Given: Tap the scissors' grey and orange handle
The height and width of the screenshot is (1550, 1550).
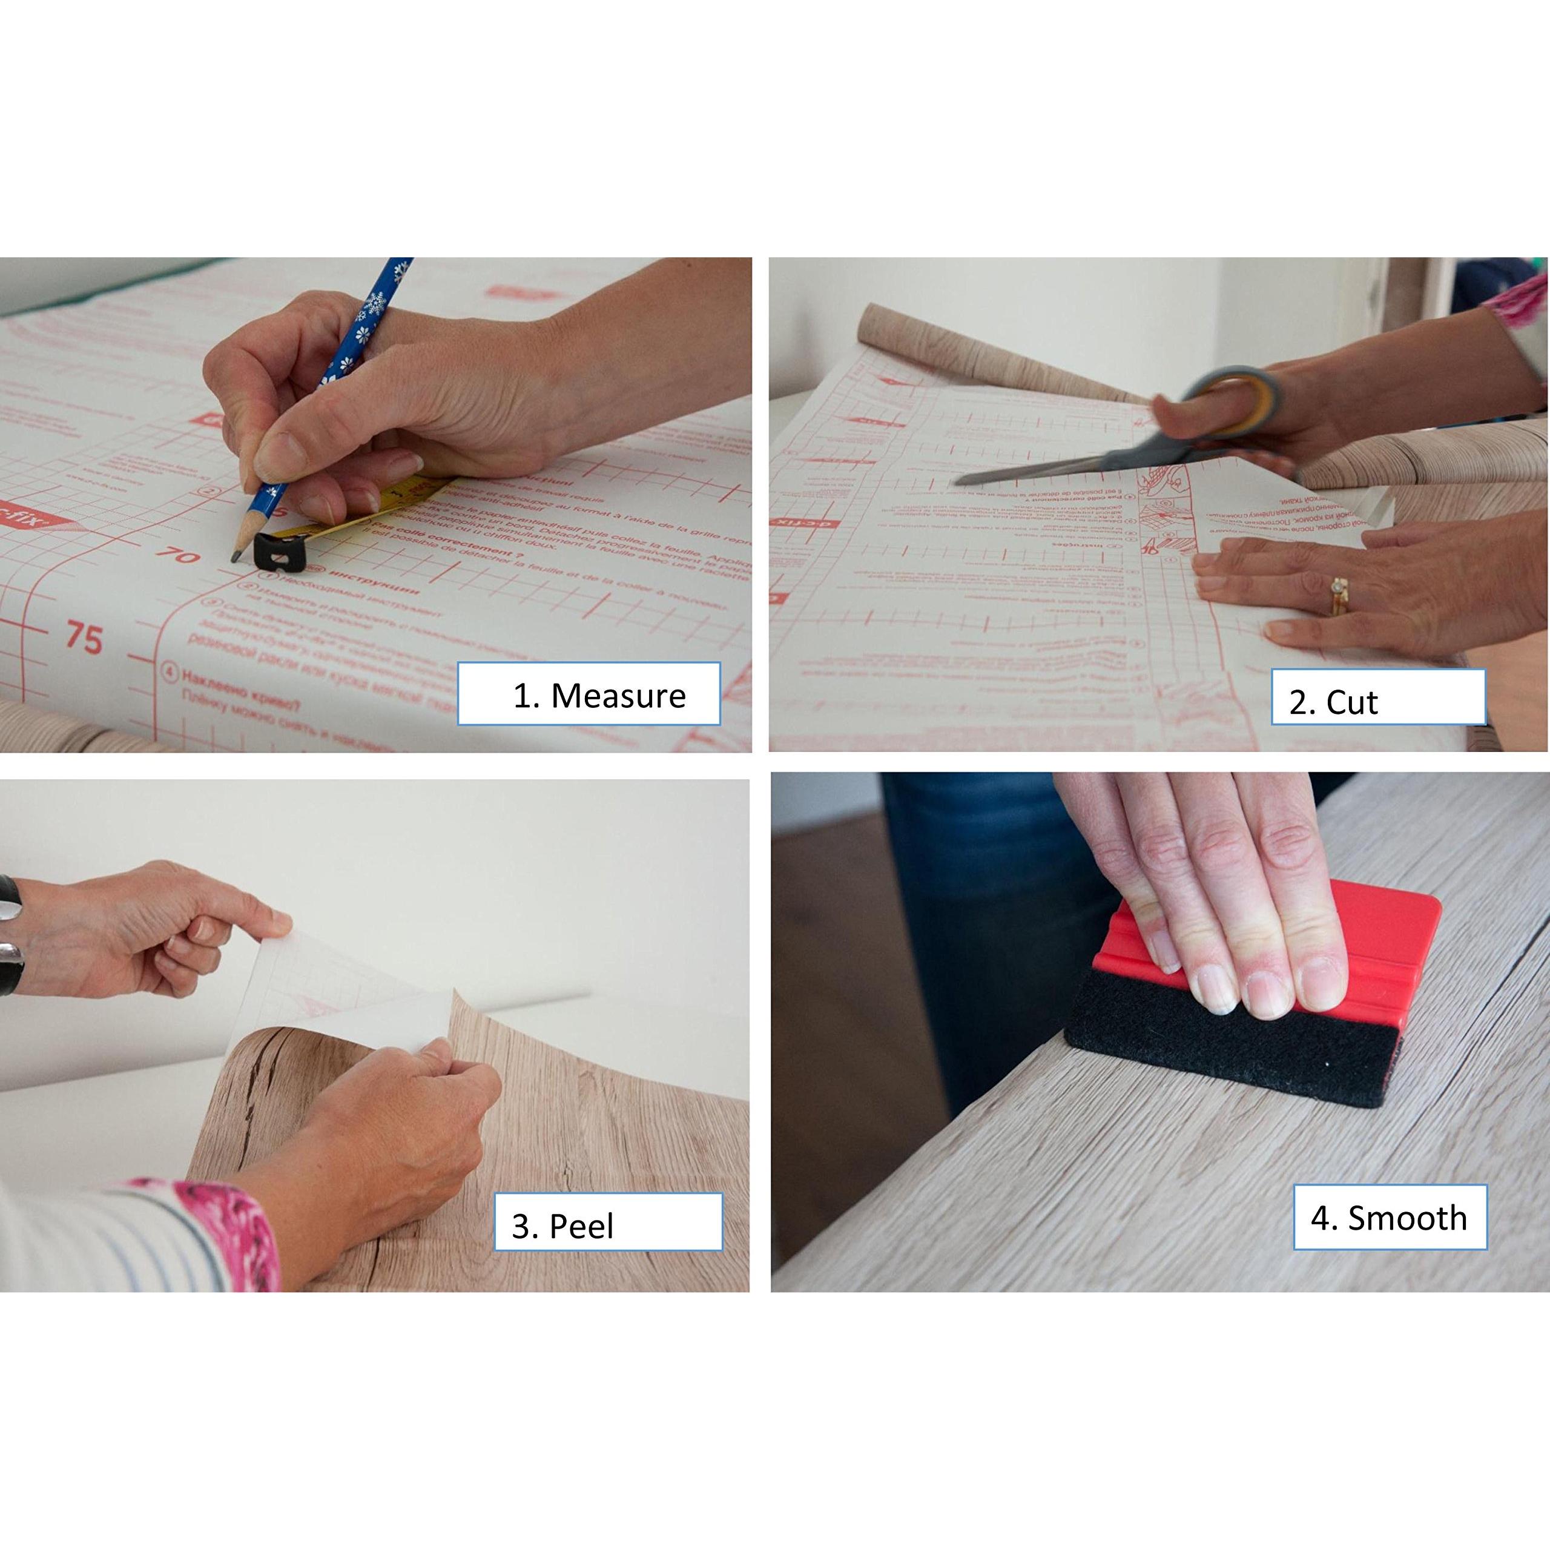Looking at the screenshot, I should point(1236,397).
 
